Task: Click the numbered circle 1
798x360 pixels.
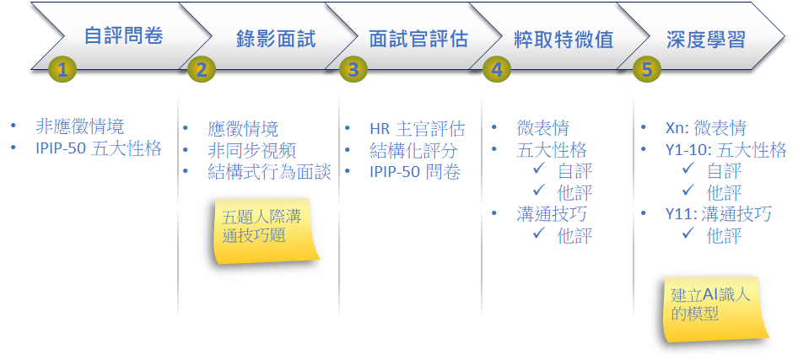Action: point(62,69)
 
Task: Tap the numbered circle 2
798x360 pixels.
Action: point(202,69)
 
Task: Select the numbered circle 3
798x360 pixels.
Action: point(353,69)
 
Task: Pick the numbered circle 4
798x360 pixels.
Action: point(497,69)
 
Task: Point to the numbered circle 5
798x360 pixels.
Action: point(646,69)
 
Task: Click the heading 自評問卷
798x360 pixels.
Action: point(124,36)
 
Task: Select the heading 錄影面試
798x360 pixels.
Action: point(276,38)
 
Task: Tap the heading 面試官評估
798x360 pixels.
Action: point(418,38)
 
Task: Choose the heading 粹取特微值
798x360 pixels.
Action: point(563,38)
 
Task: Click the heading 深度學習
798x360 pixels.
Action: point(706,38)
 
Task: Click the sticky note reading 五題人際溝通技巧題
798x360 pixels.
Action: point(264,229)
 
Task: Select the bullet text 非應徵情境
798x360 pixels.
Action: point(80,126)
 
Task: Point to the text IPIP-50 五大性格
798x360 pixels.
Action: point(98,148)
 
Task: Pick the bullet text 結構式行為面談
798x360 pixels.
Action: point(270,172)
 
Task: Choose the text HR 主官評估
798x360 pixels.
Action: point(418,129)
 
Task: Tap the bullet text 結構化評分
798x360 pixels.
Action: point(413,151)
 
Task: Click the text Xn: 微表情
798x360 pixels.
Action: point(706,128)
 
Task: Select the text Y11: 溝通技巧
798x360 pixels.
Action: point(718,213)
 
